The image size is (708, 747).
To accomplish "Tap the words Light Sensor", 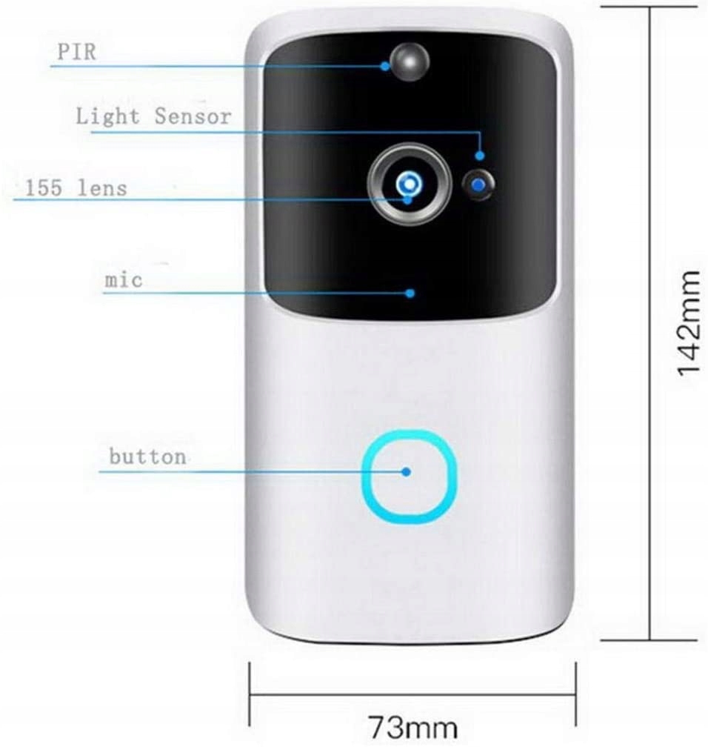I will [x=153, y=116].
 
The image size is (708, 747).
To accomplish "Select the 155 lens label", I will [x=76, y=187].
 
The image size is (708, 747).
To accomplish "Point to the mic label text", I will [x=123, y=281].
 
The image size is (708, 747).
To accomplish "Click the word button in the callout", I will [x=147, y=456].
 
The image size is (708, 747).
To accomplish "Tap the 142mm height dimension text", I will [x=688, y=323].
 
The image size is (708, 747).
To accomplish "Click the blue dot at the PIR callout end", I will [x=386, y=65].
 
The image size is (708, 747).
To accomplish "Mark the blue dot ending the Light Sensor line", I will [x=480, y=156].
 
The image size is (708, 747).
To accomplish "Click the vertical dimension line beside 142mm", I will [x=650, y=323].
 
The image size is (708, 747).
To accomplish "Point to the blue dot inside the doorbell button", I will [x=406, y=471].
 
